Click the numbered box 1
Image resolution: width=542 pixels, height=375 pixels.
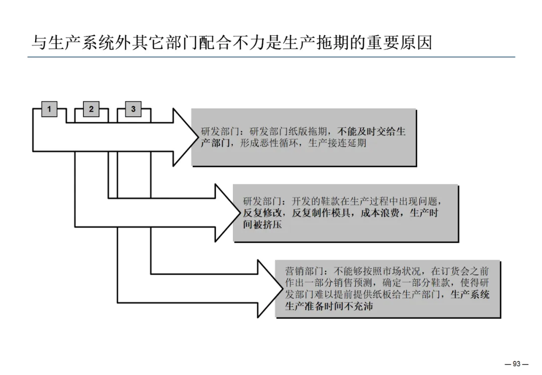[x=49, y=109]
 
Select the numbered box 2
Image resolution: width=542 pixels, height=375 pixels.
[x=91, y=109]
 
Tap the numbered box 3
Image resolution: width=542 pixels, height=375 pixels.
[x=133, y=109]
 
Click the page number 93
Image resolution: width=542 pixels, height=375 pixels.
[x=517, y=364]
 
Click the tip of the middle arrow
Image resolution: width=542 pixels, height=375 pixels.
[x=240, y=213]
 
